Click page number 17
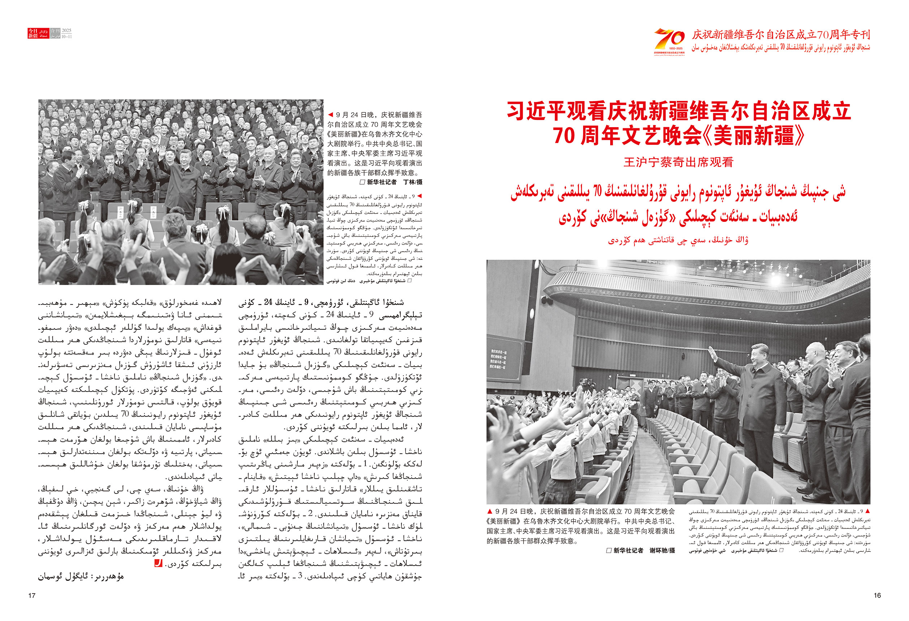pyautogui.click(x=32, y=596)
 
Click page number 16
pyautogui.click(x=877, y=595)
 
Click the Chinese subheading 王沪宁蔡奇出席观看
pyautogui.click(x=678, y=162)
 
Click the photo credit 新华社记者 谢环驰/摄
pyautogui.click(x=640, y=551)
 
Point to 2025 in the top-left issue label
pyautogui.click(x=66, y=30)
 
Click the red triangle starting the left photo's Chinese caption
pyautogui.click(x=331, y=115)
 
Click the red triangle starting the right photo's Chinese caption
pyautogui.click(x=490, y=512)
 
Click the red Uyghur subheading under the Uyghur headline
pyautogui.click(x=678, y=240)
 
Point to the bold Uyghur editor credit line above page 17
pyautogui.click(x=81, y=577)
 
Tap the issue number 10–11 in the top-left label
pyautogui.click(x=66, y=36)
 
